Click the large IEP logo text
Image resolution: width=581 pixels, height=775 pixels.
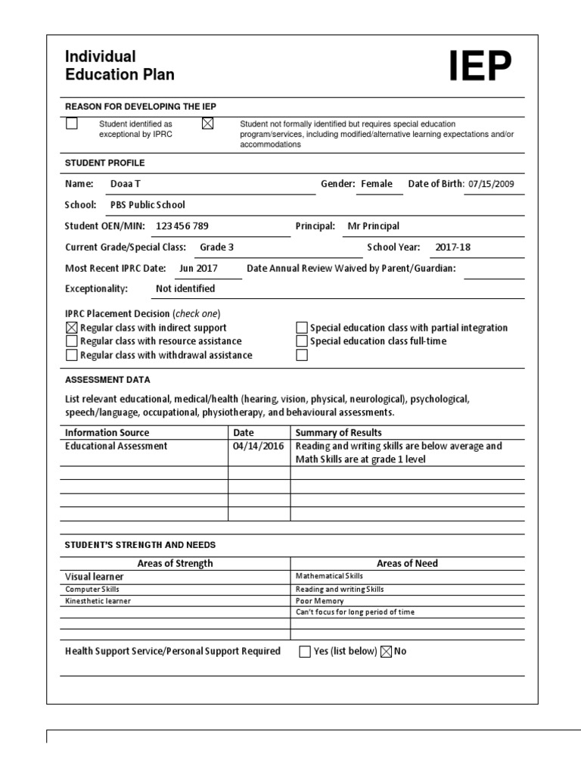480,67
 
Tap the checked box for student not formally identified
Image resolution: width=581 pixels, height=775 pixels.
208,124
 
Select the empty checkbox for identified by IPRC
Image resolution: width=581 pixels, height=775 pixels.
72,124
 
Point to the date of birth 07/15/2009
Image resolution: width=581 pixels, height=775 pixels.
494,184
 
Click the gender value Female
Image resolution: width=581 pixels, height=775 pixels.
377,184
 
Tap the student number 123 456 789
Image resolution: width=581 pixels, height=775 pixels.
182,226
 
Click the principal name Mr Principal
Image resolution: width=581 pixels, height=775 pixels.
373,226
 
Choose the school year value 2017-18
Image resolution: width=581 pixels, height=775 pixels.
453,247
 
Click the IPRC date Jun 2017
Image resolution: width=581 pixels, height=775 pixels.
198,268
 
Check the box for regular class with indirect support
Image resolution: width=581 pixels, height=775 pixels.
72,328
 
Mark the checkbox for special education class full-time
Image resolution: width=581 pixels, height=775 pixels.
303,341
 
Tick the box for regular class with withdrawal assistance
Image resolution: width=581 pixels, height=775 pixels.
72,355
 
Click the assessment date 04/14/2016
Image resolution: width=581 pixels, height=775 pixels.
259,446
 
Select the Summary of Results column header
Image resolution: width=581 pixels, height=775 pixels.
338,432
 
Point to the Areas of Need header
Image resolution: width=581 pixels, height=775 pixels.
407,563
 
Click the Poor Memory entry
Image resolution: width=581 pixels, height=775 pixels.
319,601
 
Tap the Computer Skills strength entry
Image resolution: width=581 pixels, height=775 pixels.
92,589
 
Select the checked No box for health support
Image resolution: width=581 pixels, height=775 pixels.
386,652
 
